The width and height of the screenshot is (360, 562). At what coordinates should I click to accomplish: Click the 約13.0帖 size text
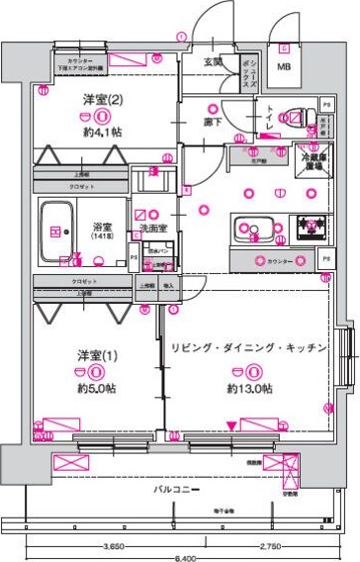click(255, 389)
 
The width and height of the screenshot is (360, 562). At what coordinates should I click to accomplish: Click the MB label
click(284, 67)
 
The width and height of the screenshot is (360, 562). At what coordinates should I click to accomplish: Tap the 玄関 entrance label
click(214, 62)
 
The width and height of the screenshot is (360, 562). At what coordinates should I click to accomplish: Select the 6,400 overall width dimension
click(178, 556)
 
